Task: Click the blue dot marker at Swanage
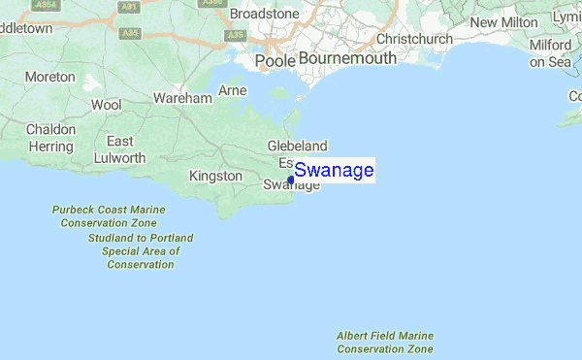[291, 180]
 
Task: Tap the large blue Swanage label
[334, 171]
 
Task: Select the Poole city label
[274, 61]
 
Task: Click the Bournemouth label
[347, 58]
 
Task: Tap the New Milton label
[503, 22]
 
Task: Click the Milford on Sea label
[550, 53]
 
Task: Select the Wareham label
[182, 99]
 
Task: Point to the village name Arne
[233, 90]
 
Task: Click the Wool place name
[106, 104]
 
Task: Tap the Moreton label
[50, 76]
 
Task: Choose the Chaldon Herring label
[49, 138]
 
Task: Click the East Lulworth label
[126, 149]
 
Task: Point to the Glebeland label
[295, 146]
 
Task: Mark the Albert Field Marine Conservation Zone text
[385, 343]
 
